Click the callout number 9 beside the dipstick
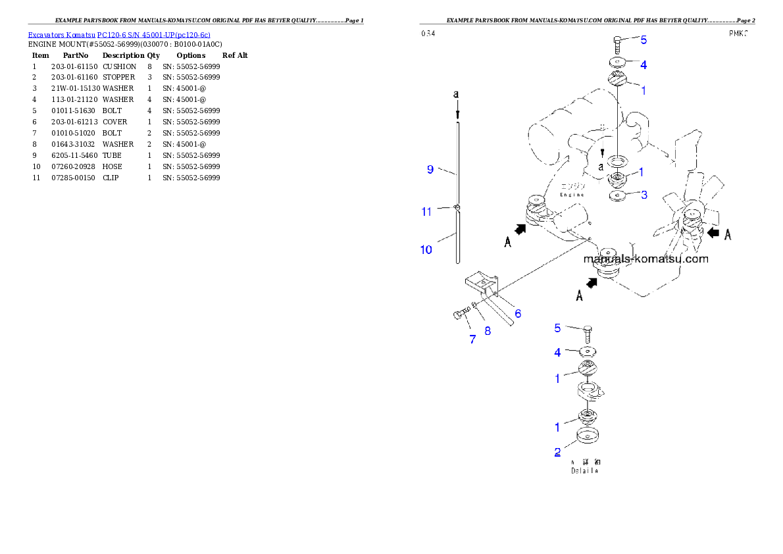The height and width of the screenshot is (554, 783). (430, 169)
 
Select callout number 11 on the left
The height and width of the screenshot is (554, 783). (426, 211)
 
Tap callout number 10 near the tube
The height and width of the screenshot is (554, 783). (426, 249)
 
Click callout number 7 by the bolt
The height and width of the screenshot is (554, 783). (472, 339)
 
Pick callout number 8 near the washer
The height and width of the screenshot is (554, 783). (488, 331)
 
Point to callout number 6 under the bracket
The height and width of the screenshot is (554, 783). (518, 314)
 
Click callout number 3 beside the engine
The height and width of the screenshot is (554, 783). (644, 195)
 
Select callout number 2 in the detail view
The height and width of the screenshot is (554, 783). (557, 452)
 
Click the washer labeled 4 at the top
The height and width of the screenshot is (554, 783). (617, 63)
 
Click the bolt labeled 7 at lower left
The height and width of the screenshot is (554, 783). (459, 315)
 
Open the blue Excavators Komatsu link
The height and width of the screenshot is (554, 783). (119, 34)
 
